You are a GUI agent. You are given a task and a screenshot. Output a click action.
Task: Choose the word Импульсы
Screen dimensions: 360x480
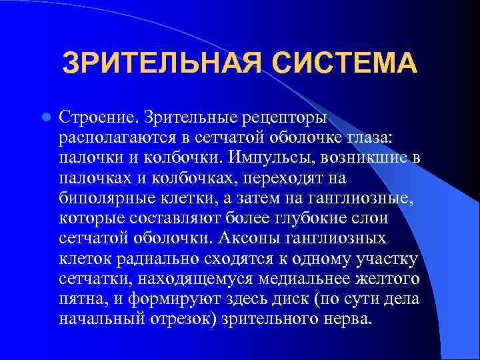[267, 158]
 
